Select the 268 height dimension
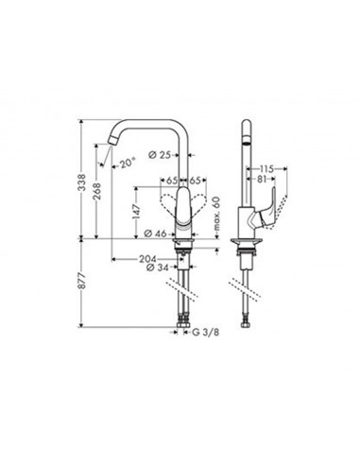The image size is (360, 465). click(x=97, y=193)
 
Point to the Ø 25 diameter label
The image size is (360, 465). click(x=170, y=155)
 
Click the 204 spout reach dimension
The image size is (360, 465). click(x=148, y=259)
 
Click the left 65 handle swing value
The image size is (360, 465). click(x=172, y=180)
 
